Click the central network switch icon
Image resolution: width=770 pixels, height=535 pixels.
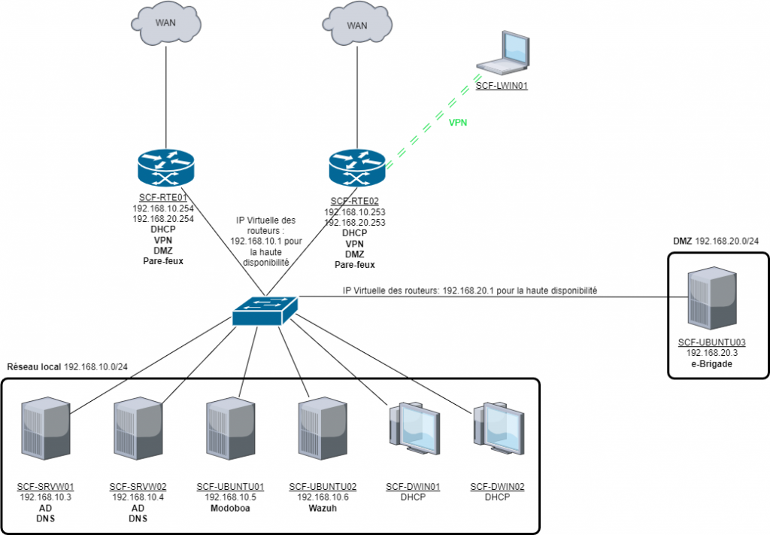pyautogui.click(x=265, y=309)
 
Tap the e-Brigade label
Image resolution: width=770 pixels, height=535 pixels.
pyautogui.click(x=711, y=363)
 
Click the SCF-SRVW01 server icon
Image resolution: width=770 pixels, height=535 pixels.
pyautogui.click(x=45, y=436)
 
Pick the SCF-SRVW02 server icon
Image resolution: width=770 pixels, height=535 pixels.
pyautogui.click(x=138, y=436)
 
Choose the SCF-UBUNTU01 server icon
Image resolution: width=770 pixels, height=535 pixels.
pyautogui.click(x=230, y=436)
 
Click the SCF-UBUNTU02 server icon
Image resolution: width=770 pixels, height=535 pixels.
pyautogui.click(x=323, y=436)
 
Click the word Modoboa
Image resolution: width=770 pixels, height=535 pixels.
pyautogui.click(x=231, y=508)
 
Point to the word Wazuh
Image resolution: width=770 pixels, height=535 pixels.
pyautogui.click(x=323, y=508)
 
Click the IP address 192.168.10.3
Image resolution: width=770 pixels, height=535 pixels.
pyautogui.click(x=44, y=497)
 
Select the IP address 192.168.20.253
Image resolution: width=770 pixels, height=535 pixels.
pyautogui.click(x=355, y=223)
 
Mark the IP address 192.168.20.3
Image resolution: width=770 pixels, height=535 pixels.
pyautogui.click(x=711, y=352)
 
